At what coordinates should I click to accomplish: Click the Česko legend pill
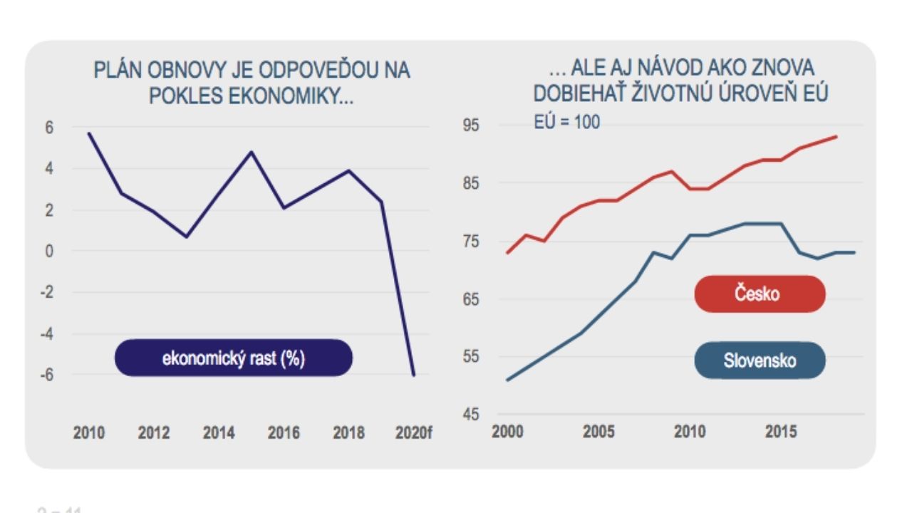[760, 294]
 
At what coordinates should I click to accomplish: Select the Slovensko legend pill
[760, 361]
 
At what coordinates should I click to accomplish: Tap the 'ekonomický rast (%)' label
[233, 358]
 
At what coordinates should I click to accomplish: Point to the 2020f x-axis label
[413, 433]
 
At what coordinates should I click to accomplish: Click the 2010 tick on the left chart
[89, 433]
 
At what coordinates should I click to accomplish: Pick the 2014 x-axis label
[219, 433]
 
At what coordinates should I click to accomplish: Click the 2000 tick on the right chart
[507, 432]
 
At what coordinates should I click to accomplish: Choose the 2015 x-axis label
[781, 432]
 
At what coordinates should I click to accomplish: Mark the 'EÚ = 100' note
[566, 123]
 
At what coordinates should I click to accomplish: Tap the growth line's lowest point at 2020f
[413, 375]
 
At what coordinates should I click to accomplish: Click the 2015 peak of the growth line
[251, 152]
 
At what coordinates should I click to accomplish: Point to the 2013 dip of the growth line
[186, 237]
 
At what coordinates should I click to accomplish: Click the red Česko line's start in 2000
[507, 253]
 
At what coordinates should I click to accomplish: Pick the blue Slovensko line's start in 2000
[507, 380]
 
